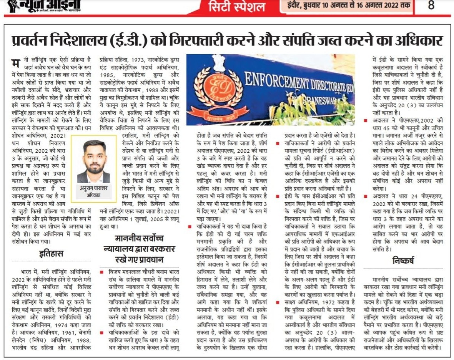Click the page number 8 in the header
tap(431, 6)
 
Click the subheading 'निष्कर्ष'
tap(403, 260)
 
